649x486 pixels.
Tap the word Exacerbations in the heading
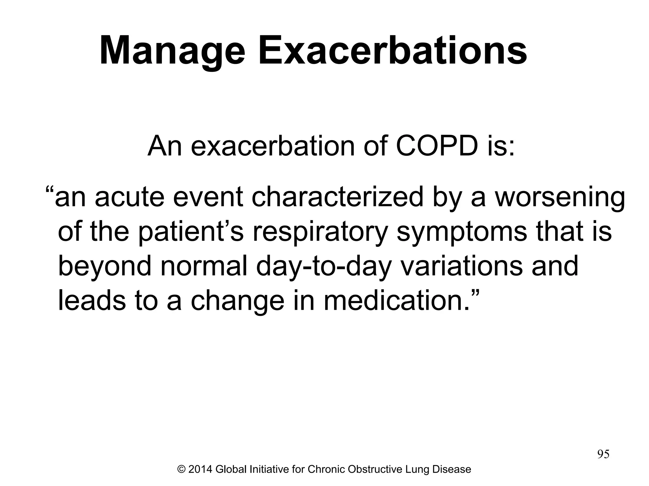point(393,51)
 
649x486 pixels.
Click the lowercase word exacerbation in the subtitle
point(273,146)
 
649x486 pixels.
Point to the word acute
point(129,197)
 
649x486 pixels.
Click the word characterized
point(337,197)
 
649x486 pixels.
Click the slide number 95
point(603,454)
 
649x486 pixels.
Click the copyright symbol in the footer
point(182,469)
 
